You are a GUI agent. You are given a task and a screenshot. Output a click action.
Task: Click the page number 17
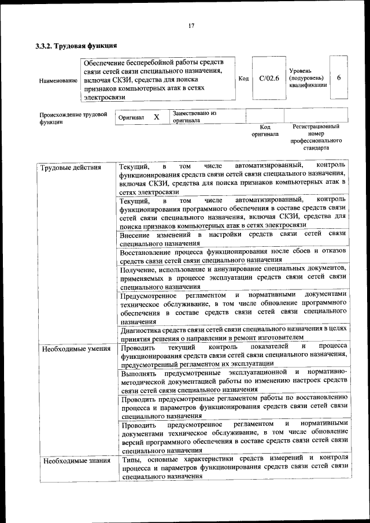191,25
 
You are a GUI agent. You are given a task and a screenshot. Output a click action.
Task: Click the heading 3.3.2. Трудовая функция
76,45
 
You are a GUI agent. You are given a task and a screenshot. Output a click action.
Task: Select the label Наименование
58,80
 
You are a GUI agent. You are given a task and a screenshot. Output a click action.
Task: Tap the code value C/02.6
269,78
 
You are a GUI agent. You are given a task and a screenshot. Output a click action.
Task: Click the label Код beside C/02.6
243,78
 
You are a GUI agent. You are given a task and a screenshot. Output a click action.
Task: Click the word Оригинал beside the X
131,118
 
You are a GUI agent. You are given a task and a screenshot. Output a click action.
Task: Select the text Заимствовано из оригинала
194,117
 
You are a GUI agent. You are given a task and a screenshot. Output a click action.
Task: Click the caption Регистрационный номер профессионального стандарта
316,137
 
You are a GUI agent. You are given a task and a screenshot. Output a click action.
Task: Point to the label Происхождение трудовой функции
73,118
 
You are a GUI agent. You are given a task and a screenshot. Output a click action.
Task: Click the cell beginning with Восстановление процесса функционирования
232,256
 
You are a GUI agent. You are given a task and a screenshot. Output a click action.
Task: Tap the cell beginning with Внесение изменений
232,239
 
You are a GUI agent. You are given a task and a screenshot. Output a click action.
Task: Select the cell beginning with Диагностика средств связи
232,332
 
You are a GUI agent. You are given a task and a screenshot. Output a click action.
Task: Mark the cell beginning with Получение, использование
232,277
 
